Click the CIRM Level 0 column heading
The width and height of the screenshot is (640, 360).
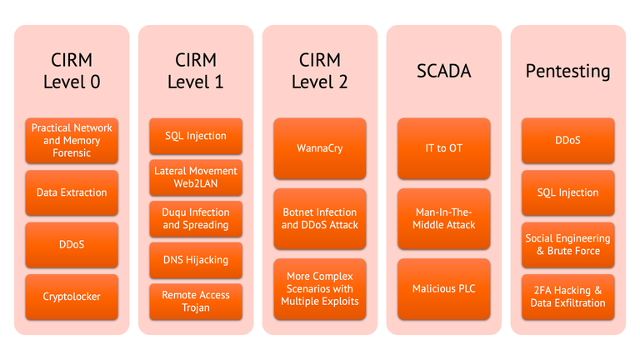(72, 71)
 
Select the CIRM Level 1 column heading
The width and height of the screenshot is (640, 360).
(196, 71)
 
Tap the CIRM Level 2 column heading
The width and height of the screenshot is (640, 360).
(320, 71)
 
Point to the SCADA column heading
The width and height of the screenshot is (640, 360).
(444, 72)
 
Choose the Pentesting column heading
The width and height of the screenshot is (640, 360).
(567, 72)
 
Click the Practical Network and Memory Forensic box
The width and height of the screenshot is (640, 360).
(72, 140)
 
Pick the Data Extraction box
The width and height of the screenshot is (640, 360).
(72, 192)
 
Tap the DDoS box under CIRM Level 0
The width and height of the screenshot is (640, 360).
(72, 244)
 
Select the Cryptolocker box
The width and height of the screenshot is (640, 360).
(72, 297)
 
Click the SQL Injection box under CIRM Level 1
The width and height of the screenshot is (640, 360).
(196, 136)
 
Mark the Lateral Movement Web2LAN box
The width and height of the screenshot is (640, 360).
(196, 177)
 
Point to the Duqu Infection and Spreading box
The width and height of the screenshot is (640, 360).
(196, 218)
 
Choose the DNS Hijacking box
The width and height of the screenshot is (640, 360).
(196, 260)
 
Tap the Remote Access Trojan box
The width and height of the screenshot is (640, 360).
(196, 302)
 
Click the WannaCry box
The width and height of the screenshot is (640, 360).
(320, 148)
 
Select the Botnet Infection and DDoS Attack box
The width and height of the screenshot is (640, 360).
(320, 218)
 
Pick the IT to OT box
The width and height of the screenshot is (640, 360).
(443, 148)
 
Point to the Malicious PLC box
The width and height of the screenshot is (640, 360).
(443, 289)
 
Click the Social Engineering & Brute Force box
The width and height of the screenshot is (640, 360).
(567, 245)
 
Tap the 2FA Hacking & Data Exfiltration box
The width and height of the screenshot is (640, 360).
(567, 297)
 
